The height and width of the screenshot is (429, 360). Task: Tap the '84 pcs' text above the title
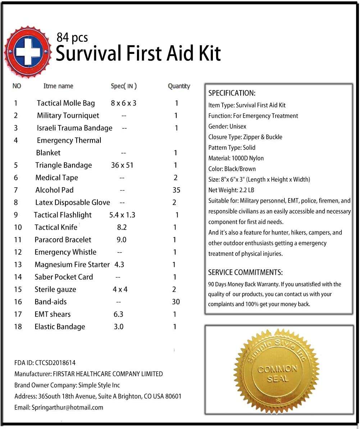72,37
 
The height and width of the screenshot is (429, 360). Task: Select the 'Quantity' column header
179,86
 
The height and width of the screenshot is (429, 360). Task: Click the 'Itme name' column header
58,86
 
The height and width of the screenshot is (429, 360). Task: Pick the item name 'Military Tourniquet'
68,116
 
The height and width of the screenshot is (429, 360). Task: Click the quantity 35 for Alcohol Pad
176,190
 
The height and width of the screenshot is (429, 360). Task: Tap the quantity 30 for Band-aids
176,302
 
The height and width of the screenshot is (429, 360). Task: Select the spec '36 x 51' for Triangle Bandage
122,165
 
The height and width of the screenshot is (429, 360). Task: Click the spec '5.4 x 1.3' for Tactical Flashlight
122,215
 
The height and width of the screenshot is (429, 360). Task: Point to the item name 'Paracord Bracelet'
63,240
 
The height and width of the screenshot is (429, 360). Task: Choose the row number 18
18,327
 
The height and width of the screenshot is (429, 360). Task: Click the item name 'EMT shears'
53,314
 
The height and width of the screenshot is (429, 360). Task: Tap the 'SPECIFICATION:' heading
232,93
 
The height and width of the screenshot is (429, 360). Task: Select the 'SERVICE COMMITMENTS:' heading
245,273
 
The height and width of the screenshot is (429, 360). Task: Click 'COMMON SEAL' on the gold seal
277,374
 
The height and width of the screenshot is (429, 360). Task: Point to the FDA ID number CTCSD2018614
55,363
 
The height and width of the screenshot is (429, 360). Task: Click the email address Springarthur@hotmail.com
67,407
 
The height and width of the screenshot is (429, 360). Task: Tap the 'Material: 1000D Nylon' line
236,158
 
